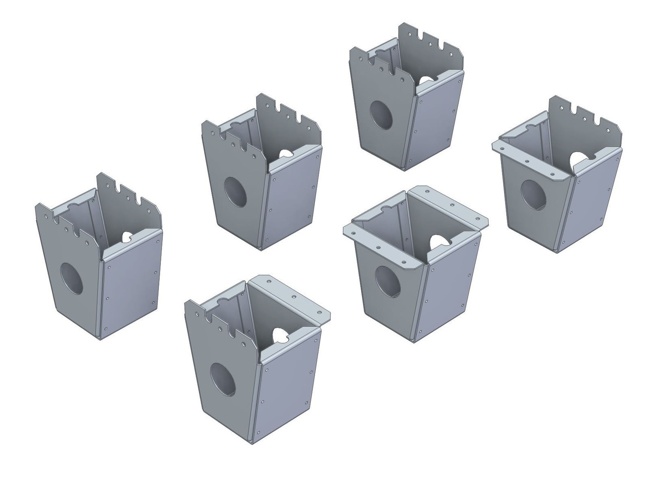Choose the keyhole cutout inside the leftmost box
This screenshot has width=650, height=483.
pyautogui.click(x=127, y=237)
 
